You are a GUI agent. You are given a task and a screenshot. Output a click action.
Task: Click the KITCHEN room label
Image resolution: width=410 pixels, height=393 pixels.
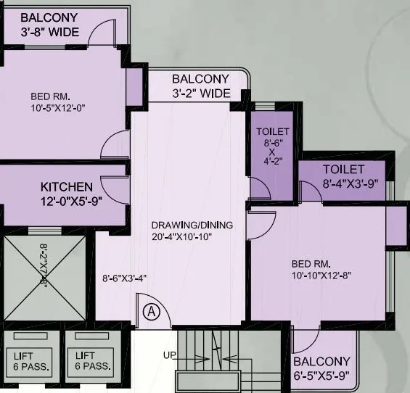67,186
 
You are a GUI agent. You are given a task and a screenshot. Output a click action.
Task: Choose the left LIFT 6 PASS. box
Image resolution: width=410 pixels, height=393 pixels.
30,360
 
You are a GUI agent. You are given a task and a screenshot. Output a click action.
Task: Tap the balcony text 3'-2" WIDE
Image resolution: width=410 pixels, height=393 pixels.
201,94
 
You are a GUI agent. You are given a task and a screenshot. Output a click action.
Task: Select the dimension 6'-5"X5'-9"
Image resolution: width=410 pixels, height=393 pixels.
322,376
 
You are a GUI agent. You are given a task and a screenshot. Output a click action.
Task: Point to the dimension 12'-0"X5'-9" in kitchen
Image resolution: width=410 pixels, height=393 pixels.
70,201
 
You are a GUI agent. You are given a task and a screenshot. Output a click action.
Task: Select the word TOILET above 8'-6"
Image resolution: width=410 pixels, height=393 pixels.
273,131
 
